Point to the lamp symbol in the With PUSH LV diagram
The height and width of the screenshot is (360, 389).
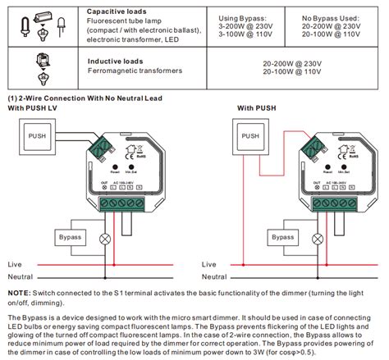103,239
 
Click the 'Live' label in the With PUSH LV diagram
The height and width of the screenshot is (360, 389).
15,265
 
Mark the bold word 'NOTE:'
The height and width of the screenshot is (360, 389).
19,293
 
